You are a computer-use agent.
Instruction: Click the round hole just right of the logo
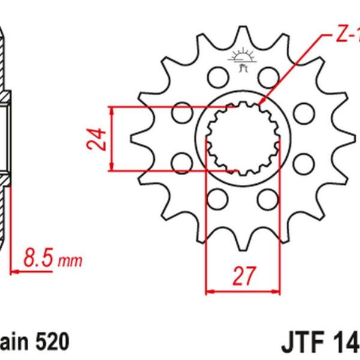(x=268, y=77)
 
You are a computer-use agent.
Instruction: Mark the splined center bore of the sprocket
(x=242, y=139)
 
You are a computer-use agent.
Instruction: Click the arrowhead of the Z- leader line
(x=262, y=106)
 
